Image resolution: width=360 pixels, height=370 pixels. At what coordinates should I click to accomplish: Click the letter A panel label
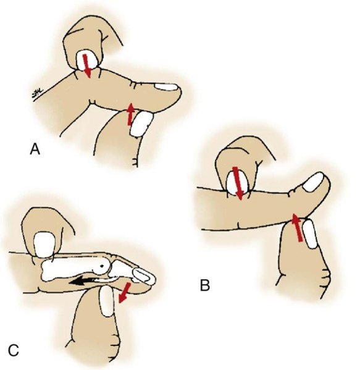coord(35,149)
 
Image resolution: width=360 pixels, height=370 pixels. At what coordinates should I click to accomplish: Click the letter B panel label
coord(205,285)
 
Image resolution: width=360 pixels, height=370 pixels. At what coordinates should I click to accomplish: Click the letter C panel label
coord(14,351)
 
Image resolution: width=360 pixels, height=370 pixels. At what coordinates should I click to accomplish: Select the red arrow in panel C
coord(124,293)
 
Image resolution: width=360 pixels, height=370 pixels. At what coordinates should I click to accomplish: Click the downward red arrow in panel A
coord(86,66)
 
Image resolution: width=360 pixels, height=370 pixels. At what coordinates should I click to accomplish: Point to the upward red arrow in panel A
coord(130,114)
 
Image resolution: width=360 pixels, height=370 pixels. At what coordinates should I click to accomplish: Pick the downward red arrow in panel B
coord(238,183)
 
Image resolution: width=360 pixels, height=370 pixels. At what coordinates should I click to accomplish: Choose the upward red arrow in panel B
coord(296,227)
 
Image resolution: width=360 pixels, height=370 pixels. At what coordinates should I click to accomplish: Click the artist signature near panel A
coord(37,94)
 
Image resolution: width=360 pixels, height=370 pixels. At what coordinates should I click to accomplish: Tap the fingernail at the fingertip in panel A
coord(166,87)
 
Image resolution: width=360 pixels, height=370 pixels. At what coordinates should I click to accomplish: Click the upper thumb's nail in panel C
coord(44,244)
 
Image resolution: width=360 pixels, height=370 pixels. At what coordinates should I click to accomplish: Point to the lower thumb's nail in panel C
coord(106,300)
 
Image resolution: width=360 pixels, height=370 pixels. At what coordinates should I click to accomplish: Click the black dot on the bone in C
coord(102,266)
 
